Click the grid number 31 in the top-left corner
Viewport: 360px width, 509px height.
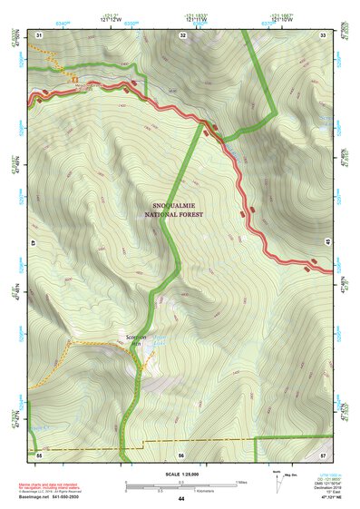(x=39, y=34)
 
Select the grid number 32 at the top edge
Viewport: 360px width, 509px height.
(x=182, y=34)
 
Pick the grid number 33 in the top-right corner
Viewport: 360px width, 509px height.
(x=323, y=34)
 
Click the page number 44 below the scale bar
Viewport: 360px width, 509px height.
(x=181, y=499)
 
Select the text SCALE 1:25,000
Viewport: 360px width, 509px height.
(x=181, y=474)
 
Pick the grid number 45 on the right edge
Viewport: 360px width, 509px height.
(x=329, y=243)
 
